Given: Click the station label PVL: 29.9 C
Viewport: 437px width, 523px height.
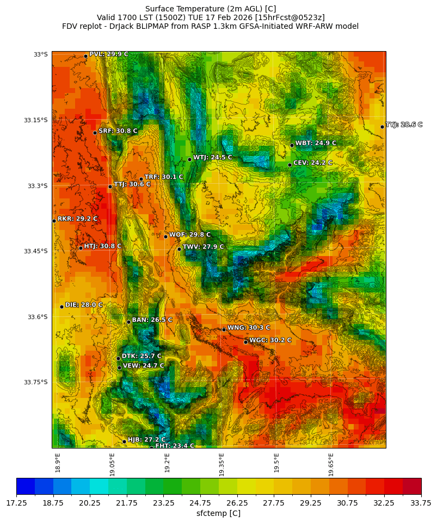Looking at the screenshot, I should click(108, 54).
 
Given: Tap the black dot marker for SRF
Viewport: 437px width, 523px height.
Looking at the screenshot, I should click(95, 133).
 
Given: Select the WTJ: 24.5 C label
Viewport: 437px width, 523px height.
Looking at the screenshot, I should click(212, 158).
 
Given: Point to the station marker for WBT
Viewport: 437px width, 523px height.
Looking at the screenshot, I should click(292, 145).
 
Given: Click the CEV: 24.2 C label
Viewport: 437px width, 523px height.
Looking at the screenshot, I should click(312, 163).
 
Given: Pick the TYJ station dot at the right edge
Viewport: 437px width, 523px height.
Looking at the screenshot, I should click(382, 127).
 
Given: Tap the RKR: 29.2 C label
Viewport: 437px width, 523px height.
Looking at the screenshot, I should click(77, 219).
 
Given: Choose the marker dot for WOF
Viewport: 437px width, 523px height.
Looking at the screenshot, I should click(166, 236).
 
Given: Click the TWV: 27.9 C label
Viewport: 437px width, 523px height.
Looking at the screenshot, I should click(203, 247).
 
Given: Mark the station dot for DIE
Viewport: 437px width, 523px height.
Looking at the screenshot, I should click(61, 307).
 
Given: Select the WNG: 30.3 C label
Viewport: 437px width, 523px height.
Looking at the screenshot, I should click(248, 328).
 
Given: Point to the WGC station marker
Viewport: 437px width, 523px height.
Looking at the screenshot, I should click(245, 342).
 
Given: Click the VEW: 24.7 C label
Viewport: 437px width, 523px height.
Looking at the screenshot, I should click(143, 366).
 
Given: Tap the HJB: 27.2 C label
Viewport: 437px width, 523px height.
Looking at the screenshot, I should click(146, 440).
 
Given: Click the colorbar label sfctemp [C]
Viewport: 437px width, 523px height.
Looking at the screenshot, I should click(218, 513).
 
